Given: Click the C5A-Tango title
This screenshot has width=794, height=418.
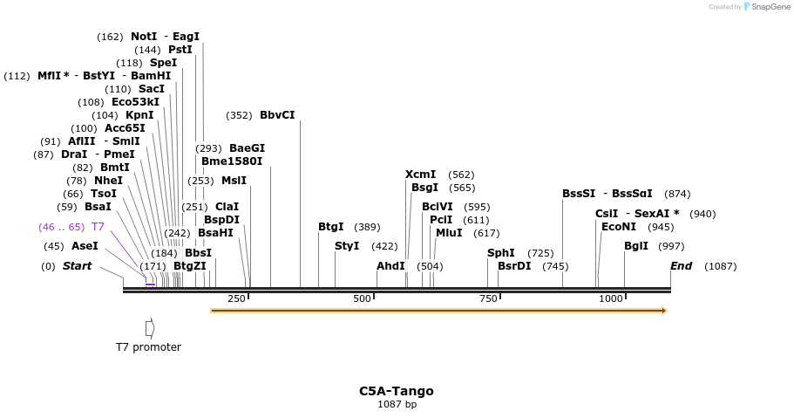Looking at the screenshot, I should point(397,391).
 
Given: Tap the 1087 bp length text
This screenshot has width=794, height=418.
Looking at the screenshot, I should point(397,404).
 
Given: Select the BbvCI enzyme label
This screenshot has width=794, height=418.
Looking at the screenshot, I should point(277,115).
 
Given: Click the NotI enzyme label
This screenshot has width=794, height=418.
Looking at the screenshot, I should point(144,37).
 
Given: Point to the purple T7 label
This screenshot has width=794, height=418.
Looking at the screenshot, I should point(98,227).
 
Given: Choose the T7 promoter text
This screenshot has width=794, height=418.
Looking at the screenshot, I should point(148,347).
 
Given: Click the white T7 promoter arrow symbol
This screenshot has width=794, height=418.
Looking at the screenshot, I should point(150,328).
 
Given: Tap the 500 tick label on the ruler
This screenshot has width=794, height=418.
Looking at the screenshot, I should point(362,299).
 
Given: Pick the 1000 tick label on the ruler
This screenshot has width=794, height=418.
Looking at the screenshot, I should point(611,299).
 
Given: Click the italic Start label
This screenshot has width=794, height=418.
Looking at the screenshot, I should point(77,266).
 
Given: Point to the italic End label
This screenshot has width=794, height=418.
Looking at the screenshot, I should point(681,266).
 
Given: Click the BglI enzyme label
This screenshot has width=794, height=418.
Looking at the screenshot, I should point(636,246).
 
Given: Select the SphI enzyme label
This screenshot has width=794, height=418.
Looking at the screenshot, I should point(501,253).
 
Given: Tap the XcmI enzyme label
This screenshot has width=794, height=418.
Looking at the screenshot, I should point(421,175).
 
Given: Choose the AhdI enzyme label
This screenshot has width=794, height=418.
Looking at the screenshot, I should point(390,266).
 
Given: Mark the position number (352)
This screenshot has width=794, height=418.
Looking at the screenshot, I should point(239,115).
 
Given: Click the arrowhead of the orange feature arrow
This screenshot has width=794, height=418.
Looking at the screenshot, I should point(664,311).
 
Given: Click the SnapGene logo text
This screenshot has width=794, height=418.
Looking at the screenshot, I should point(770,7).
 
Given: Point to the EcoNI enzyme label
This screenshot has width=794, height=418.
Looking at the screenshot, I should point(620,227).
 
